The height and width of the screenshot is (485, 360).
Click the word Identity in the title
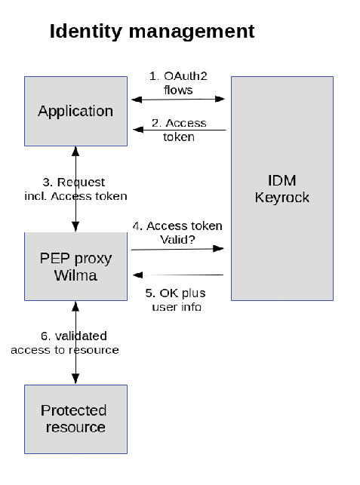[x=86, y=32]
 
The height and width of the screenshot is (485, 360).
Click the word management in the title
[x=192, y=32]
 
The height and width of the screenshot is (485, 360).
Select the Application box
[x=75, y=111]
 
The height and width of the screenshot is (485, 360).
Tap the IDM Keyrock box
[x=282, y=189]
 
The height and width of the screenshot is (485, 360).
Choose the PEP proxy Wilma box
[x=75, y=266]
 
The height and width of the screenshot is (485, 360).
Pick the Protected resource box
[x=75, y=419]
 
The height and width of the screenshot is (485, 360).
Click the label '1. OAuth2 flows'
[x=178, y=83]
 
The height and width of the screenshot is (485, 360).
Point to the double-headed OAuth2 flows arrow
[x=178, y=100]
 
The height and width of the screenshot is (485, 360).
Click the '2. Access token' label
[x=179, y=130]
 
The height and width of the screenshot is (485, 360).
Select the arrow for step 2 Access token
[x=180, y=130]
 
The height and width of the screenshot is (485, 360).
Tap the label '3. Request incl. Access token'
[x=75, y=189]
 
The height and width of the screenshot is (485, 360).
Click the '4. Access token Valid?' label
[x=177, y=232]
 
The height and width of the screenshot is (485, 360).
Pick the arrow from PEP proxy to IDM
[x=177, y=249]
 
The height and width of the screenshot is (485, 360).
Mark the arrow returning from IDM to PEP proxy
[x=178, y=275]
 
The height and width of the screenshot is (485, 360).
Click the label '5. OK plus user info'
[x=176, y=299]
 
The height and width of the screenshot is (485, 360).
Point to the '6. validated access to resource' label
[x=65, y=342]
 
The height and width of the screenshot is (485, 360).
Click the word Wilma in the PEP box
[x=75, y=275]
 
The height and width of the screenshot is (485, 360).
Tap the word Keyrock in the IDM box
[x=282, y=198]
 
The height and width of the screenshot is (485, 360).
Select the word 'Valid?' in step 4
[x=177, y=239]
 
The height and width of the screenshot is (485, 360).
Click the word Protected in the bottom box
[x=74, y=410]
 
